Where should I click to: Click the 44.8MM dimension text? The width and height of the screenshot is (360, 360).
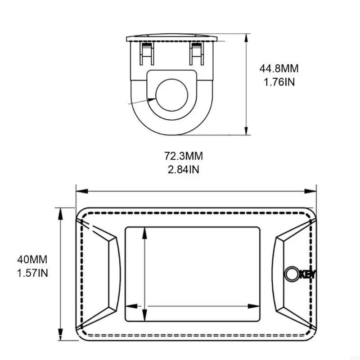[x=279, y=69]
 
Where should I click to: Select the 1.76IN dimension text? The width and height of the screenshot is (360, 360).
[x=279, y=82]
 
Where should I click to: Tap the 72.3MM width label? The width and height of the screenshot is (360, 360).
[x=184, y=156]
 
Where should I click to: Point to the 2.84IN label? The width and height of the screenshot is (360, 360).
[x=184, y=170]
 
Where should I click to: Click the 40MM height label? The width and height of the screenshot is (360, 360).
[x=32, y=260]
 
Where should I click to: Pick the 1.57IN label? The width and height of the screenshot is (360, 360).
[x=32, y=273]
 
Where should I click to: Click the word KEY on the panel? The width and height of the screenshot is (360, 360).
[x=308, y=274]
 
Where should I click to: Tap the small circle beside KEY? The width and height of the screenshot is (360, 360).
[x=291, y=274]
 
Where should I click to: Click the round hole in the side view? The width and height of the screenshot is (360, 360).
[x=172, y=95]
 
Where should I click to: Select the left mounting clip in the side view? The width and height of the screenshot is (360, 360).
[x=147, y=54]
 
